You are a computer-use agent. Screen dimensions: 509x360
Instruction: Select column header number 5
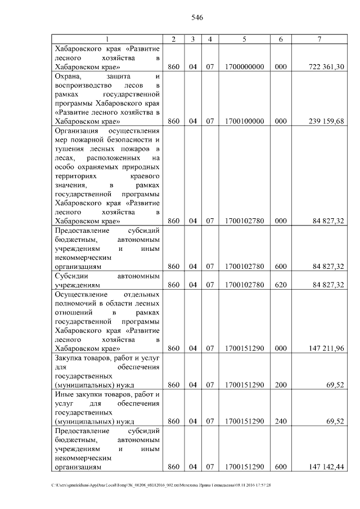244,38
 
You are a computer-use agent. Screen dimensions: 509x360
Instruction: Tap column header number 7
319,38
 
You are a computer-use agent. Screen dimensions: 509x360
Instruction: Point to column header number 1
107,38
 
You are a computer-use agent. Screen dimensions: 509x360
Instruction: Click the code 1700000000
244,67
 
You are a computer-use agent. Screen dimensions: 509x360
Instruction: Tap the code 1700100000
244,121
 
